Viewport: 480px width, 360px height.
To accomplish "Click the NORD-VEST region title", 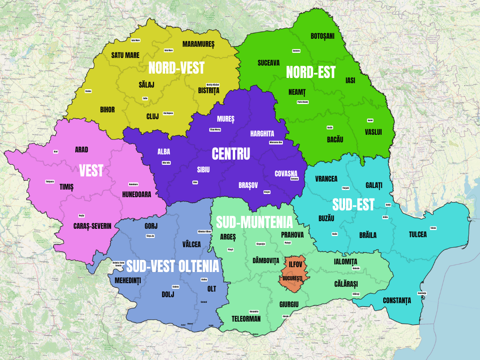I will (x=176, y=68).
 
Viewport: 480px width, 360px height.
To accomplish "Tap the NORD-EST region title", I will (x=311, y=72).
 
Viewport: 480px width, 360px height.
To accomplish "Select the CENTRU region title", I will (x=231, y=154).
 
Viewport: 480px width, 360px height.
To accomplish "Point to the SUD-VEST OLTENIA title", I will (x=173, y=266).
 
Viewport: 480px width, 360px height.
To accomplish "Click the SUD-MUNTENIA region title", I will (x=254, y=222).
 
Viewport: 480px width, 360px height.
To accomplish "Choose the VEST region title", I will (x=91, y=171).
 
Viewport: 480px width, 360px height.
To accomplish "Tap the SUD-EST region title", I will (x=353, y=205).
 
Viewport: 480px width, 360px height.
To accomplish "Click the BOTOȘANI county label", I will (x=322, y=36).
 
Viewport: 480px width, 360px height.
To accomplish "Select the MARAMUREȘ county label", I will (x=198, y=44).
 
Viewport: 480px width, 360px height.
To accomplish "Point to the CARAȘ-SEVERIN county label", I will (x=92, y=226).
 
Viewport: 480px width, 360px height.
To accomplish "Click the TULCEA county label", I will (x=418, y=235).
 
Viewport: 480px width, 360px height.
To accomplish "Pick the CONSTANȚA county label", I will (x=397, y=300).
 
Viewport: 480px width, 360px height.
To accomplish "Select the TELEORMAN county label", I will (x=246, y=319).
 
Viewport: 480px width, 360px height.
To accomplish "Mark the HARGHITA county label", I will (x=262, y=133).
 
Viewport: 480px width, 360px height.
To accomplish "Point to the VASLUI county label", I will (x=373, y=132).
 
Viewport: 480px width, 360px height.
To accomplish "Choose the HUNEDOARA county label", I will (x=137, y=194).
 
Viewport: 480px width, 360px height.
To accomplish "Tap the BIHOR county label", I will (x=107, y=110).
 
